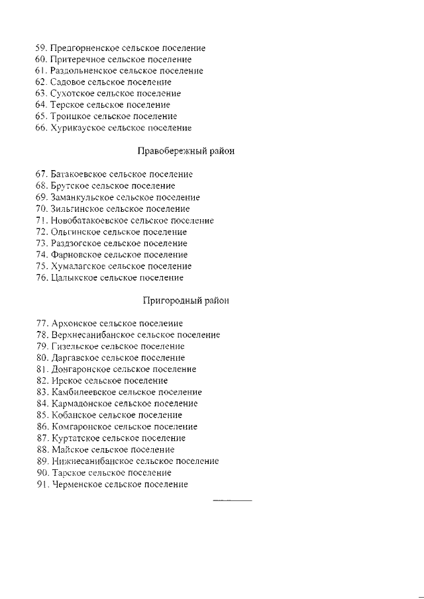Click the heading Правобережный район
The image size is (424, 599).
(185, 151)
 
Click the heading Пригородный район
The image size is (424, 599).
(187, 300)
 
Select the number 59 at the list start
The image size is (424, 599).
(41, 48)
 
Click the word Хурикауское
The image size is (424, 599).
(78, 128)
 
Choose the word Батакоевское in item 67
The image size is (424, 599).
(79, 174)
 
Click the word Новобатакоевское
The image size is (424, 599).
(89, 220)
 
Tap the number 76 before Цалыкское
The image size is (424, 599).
(41, 277)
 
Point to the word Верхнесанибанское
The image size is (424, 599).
(88, 335)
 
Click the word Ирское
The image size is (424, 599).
(64, 381)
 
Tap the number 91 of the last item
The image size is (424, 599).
(41, 484)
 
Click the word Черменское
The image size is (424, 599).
(76, 484)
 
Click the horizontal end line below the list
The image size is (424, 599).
(232, 500)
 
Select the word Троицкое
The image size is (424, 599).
(70, 116)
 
